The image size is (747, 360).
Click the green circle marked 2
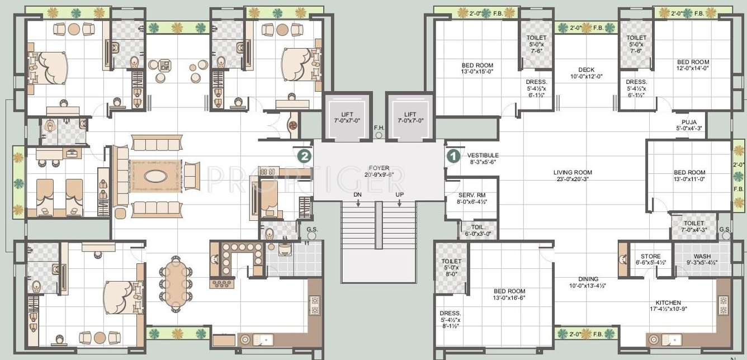tap(304, 156)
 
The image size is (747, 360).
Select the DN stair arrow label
tap(357, 195)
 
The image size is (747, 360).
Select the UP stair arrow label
tap(399, 195)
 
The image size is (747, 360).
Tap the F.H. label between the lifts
tap(379, 128)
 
